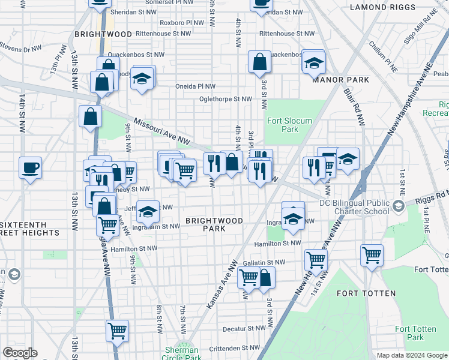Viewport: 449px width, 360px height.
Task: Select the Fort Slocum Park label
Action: click(289, 125)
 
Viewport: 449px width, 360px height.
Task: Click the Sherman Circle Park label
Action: click(181, 354)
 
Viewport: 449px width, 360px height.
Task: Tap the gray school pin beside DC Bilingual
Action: click(399, 207)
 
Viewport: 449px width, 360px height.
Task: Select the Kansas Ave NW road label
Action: click(221, 284)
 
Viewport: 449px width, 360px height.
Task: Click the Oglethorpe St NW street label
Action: click(226, 99)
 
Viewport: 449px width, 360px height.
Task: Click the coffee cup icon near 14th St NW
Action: click(30, 167)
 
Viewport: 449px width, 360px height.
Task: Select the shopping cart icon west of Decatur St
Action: click(118, 330)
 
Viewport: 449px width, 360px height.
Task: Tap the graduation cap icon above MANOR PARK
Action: click(314, 62)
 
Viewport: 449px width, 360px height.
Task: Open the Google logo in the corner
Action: click(20, 353)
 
